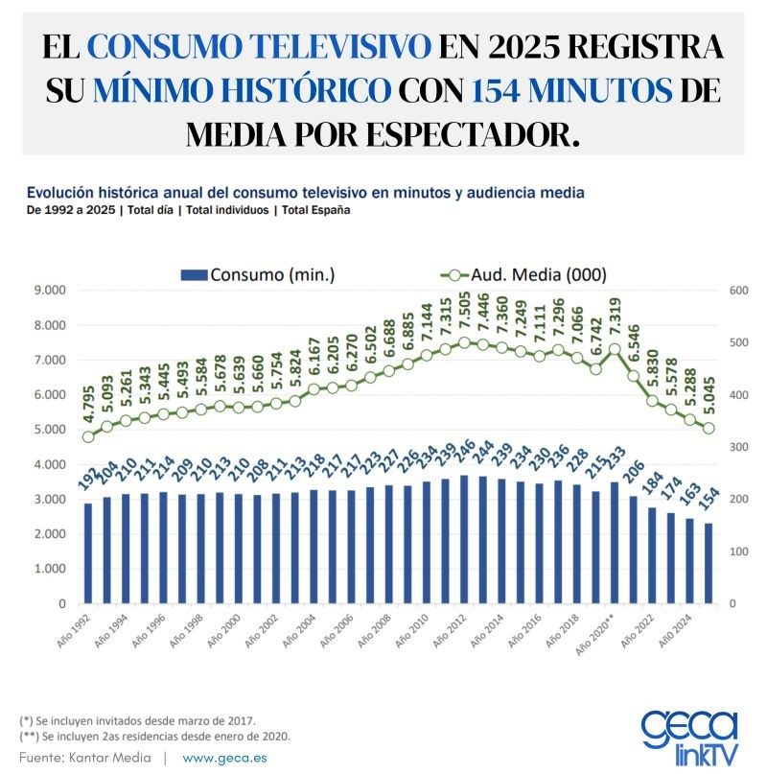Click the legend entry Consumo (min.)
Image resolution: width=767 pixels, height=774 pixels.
coord(258,274)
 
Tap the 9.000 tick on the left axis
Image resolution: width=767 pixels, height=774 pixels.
coord(50,291)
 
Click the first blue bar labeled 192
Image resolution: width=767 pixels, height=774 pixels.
coord(88,553)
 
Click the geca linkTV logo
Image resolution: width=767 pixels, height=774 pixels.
coord(690,736)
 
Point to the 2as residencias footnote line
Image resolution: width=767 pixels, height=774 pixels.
coord(154,736)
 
